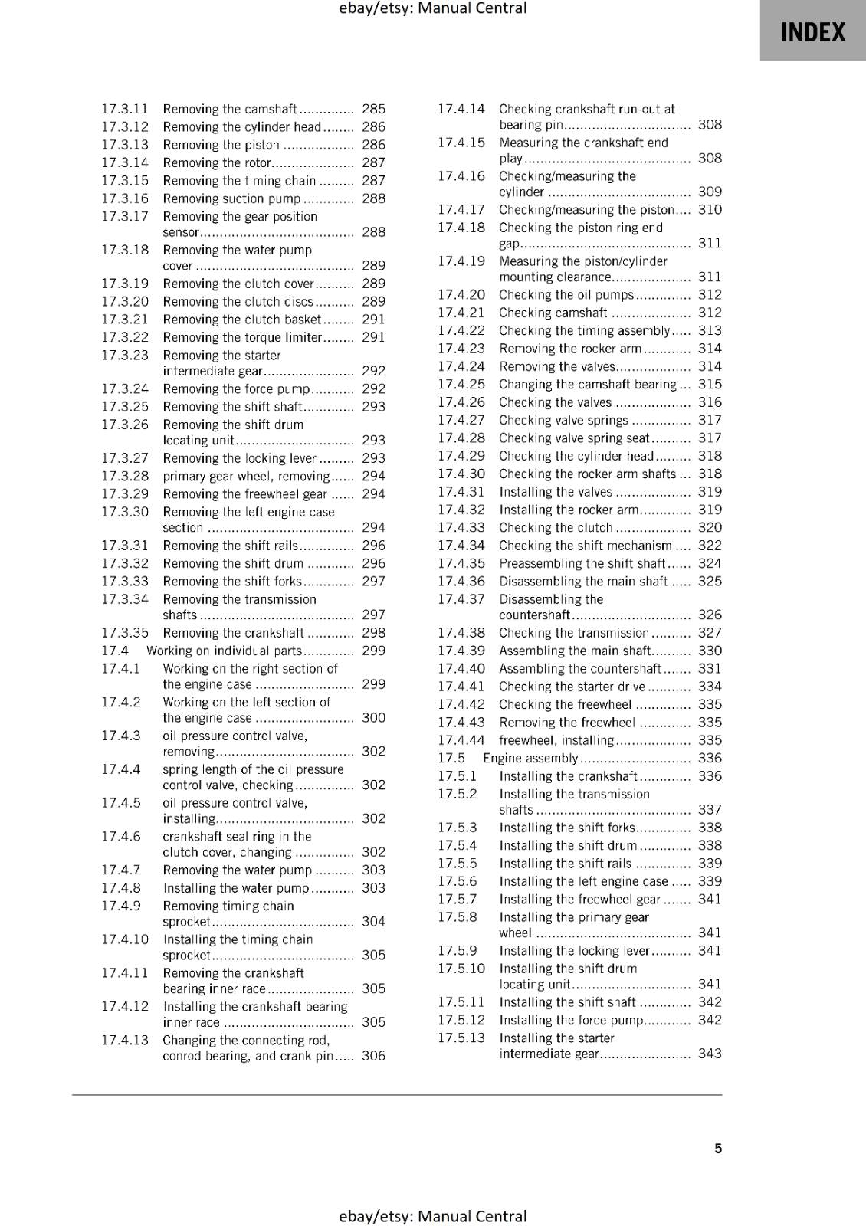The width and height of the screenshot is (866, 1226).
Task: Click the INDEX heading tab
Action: point(812,31)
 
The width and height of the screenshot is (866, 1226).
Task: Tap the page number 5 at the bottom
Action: point(718,1148)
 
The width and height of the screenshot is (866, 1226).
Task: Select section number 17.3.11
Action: point(125,109)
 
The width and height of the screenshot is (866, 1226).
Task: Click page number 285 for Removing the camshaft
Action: point(373,109)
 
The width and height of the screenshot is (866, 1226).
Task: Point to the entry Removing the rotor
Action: point(217,162)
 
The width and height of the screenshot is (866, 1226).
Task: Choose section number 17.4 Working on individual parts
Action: point(115,651)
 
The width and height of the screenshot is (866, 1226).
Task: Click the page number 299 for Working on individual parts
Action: point(373,651)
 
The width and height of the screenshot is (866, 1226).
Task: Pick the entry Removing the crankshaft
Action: point(233,633)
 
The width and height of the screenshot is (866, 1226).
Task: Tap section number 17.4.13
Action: point(125,1040)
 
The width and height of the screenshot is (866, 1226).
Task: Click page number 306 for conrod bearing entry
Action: point(373,1055)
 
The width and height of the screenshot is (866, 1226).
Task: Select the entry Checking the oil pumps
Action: point(566,295)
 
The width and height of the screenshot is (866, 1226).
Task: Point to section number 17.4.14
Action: point(461,109)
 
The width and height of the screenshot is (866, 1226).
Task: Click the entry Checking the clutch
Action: point(556,528)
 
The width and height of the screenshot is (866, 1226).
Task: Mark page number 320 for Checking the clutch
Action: point(710,528)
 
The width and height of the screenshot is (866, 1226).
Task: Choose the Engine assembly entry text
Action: point(530,759)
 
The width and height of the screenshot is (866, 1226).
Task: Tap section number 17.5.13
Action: point(461,1038)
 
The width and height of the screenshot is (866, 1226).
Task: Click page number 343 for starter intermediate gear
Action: point(710,1054)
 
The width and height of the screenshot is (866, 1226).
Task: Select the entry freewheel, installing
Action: point(556,740)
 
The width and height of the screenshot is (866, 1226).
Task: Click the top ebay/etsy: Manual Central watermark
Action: point(433,8)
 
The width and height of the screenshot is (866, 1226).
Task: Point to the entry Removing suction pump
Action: point(231,198)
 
